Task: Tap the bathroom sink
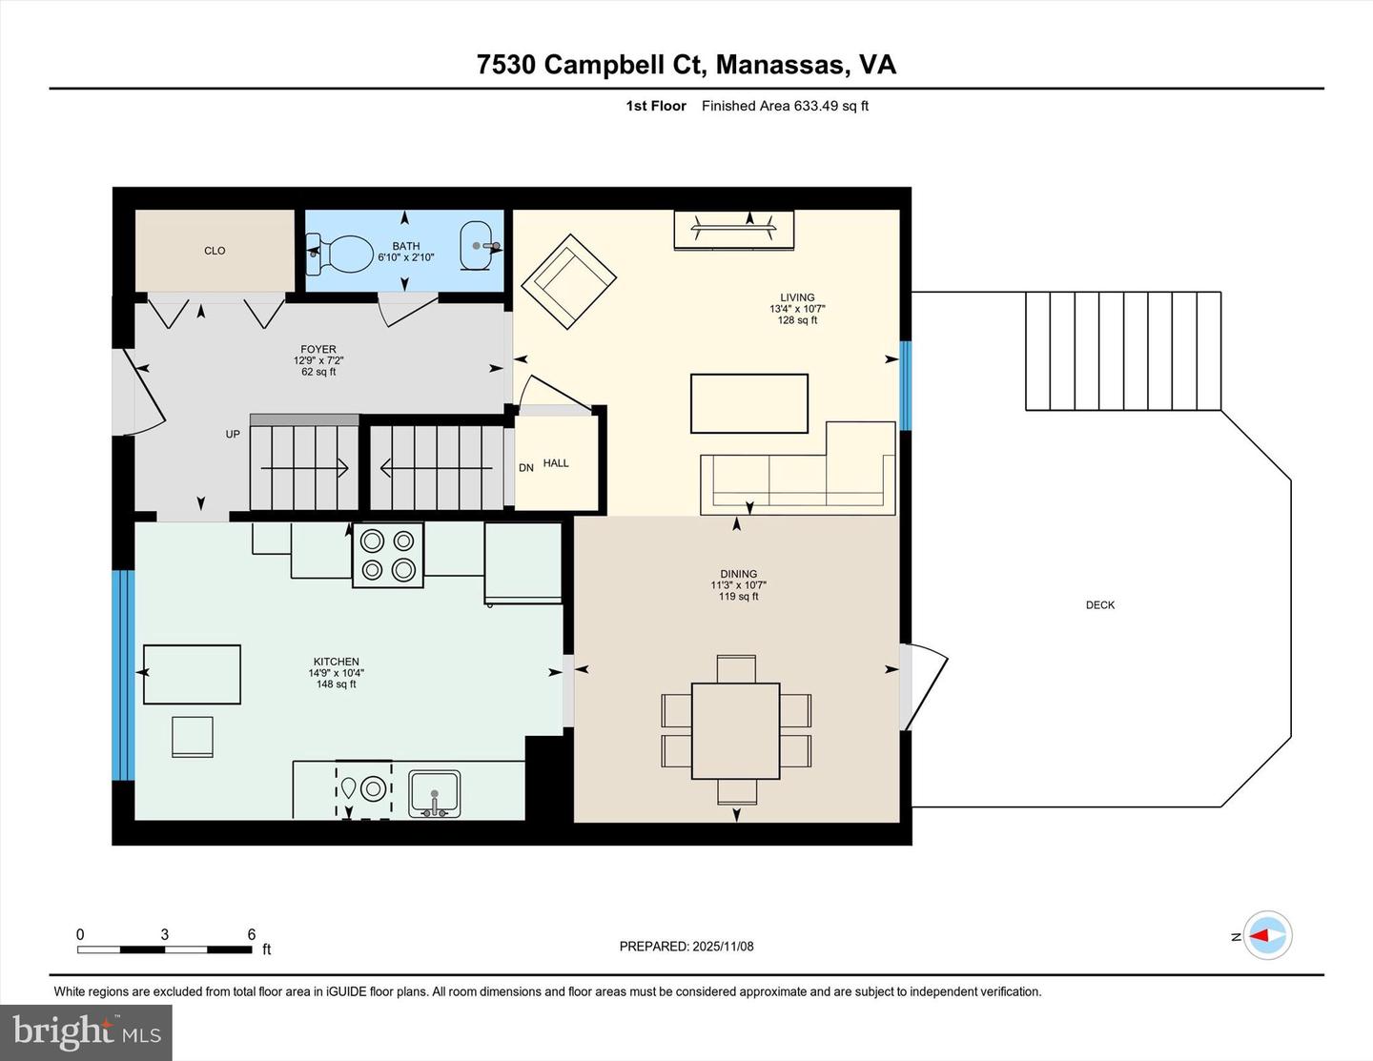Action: tap(477, 246)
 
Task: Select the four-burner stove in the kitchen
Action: tap(388, 555)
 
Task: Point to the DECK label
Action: tap(1099, 605)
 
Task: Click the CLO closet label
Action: tap(215, 251)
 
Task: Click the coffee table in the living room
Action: tap(749, 403)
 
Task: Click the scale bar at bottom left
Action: tap(164, 949)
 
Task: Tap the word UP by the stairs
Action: tap(233, 435)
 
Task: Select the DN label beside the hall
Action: tap(526, 468)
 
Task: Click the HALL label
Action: tap(556, 463)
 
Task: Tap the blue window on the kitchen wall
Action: tap(123, 675)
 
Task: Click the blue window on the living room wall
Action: tap(906, 385)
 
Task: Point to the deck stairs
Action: tap(1123, 351)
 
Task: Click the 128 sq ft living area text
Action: tap(797, 320)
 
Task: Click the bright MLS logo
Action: tap(86, 1031)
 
